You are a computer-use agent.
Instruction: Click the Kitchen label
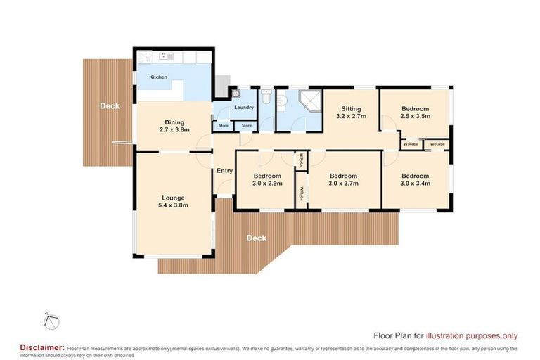tap(158, 77)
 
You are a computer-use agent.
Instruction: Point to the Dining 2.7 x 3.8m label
tap(174, 126)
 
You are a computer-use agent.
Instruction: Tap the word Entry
tap(224, 171)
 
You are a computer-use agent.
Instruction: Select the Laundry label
tap(244, 108)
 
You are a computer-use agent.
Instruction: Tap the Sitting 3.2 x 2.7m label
tap(351, 113)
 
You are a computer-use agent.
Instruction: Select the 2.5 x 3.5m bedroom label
tap(415, 113)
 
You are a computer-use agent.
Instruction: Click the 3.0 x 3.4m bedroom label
tap(415, 180)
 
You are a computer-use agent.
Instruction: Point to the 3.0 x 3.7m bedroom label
tap(344, 180)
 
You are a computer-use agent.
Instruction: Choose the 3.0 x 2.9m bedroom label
tap(267, 180)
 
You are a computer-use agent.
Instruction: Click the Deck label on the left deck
tap(109, 106)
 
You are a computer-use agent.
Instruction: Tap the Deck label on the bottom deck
tap(257, 238)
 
